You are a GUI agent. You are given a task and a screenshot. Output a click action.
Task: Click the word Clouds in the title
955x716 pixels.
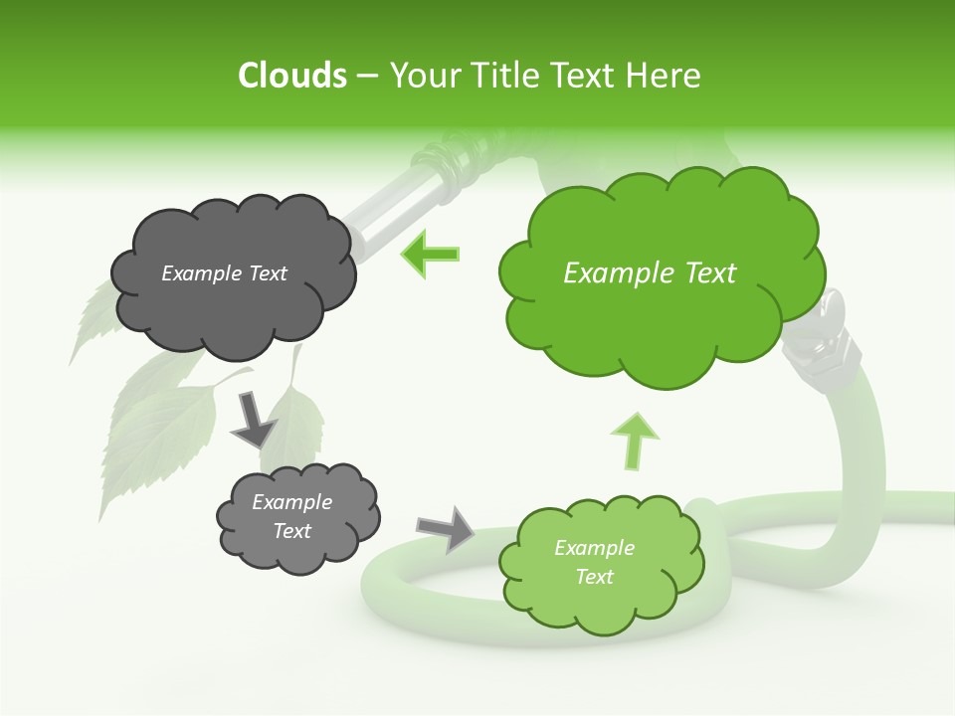(x=291, y=76)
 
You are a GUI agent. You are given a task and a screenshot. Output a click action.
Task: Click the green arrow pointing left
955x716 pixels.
(x=431, y=254)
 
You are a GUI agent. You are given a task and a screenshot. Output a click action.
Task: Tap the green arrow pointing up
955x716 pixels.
(x=640, y=440)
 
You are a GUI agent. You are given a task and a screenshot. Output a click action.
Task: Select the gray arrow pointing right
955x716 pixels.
(x=447, y=528)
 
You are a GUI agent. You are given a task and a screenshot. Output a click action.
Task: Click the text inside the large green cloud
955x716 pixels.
(x=650, y=273)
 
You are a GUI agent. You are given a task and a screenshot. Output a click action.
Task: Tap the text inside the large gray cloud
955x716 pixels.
(x=224, y=273)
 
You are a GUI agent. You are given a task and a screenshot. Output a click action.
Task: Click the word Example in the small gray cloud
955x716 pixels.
(x=291, y=502)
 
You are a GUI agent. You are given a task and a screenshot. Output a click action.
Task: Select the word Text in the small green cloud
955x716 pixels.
(x=594, y=577)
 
